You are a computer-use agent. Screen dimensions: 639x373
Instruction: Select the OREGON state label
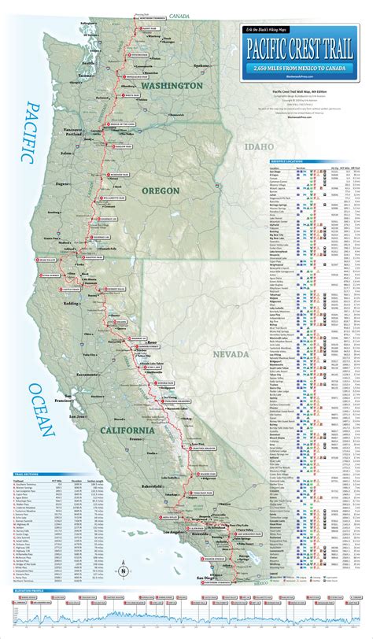point(161,190)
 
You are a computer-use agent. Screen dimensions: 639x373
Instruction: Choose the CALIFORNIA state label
point(127,430)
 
